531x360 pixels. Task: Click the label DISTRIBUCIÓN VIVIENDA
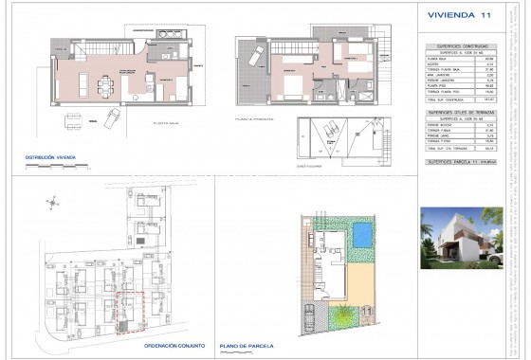pos(48,156)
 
